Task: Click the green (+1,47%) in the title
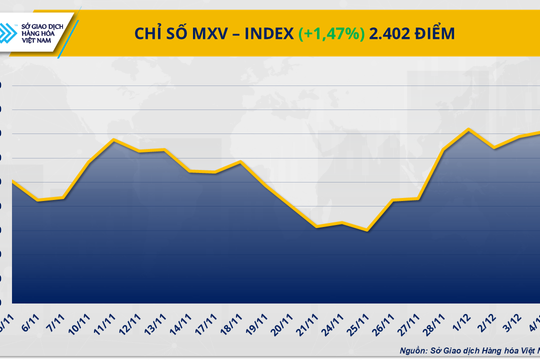(332, 34)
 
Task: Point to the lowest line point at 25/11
(369, 231)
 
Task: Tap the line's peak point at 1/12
(470, 129)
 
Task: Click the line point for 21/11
(317, 227)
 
